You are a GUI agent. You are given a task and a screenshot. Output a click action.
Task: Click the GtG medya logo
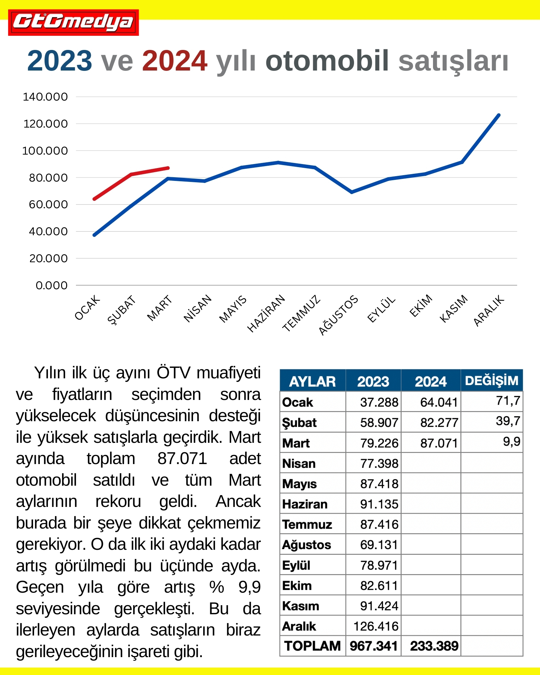coord(73,22)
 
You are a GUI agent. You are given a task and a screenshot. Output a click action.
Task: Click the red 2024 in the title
coord(174,61)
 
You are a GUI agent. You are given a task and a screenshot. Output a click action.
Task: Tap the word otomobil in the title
coord(327,61)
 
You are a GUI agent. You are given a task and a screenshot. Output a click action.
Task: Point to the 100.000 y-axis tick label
coord(45,151)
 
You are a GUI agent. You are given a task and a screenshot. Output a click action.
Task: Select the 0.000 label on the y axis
coord(51,286)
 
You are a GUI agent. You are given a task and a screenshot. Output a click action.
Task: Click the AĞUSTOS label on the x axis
coord(338,315)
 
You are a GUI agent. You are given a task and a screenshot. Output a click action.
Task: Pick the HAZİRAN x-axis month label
coord(266,314)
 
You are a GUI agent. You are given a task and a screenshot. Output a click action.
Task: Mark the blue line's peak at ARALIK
coord(499,115)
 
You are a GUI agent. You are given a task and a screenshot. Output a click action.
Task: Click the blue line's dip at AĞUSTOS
coord(352,192)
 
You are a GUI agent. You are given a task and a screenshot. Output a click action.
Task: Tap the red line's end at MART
coord(168,168)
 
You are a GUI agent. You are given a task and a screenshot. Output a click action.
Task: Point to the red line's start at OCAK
coord(94,199)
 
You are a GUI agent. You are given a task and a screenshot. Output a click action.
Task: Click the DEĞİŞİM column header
coord(491,381)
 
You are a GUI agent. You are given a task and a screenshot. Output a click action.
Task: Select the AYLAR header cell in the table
coord(312,381)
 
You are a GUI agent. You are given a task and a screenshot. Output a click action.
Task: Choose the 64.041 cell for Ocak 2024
coord(439,402)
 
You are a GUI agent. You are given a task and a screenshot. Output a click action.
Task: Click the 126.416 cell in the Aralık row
coord(376,626)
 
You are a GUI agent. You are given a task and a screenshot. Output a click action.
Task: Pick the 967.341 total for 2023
coord(374,646)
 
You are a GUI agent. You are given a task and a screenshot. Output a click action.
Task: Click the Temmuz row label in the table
coord(307,524)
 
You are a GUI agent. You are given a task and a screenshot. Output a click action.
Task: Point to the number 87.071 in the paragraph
coord(182,459)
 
